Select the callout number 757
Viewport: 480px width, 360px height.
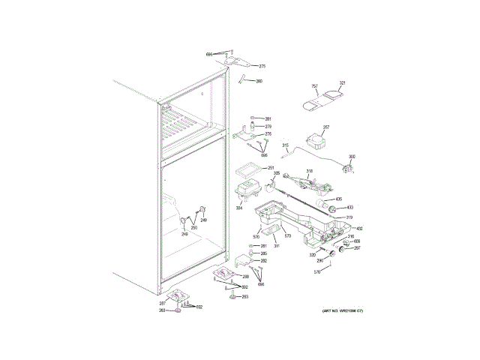click(315, 86)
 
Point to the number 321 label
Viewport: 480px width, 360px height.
click(342, 83)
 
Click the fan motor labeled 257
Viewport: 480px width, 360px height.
click(316, 139)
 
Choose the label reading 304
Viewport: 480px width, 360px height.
click(238, 208)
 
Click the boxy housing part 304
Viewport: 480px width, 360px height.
click(246, 189)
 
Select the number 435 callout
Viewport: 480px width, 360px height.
click(339, 199)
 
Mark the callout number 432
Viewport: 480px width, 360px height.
click(359, 228)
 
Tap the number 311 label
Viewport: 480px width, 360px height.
click(276, 246)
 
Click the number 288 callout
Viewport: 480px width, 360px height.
click(245, 277)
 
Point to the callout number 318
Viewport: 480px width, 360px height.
click(308, 172)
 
